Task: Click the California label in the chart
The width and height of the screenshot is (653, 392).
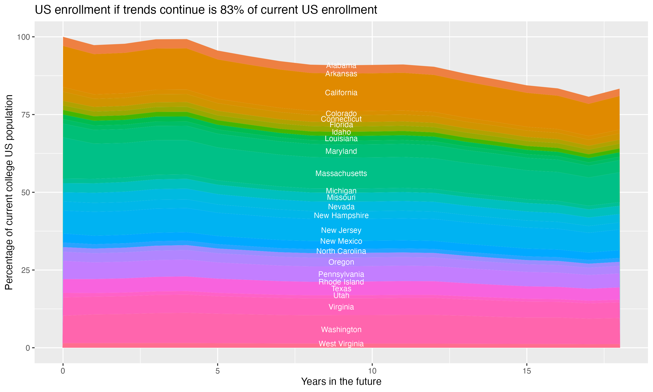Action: pyautogui.click(x=341, y=93)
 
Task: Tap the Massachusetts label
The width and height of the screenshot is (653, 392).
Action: pyautogui.click(x=341, y=174)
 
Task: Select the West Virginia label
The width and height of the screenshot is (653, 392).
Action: pyautogui.click(x=341, y=344)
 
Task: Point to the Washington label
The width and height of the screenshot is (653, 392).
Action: pyautogui.click(x=341, y=330)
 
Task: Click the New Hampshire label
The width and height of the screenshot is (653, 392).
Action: pyautogui.click(x=341, y=216)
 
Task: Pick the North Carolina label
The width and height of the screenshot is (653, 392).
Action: pyautogui.click(x=341, y=251)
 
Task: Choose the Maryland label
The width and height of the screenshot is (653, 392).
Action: pyautogui.click(x=341, y=151)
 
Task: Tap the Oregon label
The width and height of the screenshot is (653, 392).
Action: pyautogui.click(x=341, y=262)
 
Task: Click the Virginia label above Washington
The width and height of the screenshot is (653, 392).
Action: pyautogui.click(x=341, y=307)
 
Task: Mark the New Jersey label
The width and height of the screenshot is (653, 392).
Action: pyautogui.click(x=341, y=230)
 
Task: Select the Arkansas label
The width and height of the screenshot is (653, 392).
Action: pyautogui.click(x=341, y=74)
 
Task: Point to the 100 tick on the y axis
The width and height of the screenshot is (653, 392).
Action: pyautogui.click(x=24, y=37)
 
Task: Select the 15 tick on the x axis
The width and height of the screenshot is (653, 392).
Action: pyautogui.click(x=527, y=371)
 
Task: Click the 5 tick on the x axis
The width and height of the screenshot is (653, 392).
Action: pyautogui.click(x=217, y=371)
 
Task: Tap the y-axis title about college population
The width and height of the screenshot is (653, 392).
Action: pyautogui.click(x=9, y=192)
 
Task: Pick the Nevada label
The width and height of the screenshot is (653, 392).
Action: pyautogui.click(x=341, y=207)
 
